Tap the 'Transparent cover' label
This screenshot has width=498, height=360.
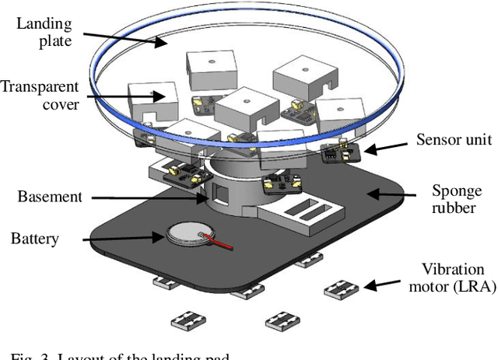pos(39,95)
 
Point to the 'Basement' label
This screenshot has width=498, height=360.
pos(50,196)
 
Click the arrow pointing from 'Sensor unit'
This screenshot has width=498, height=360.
pos(386,145)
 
